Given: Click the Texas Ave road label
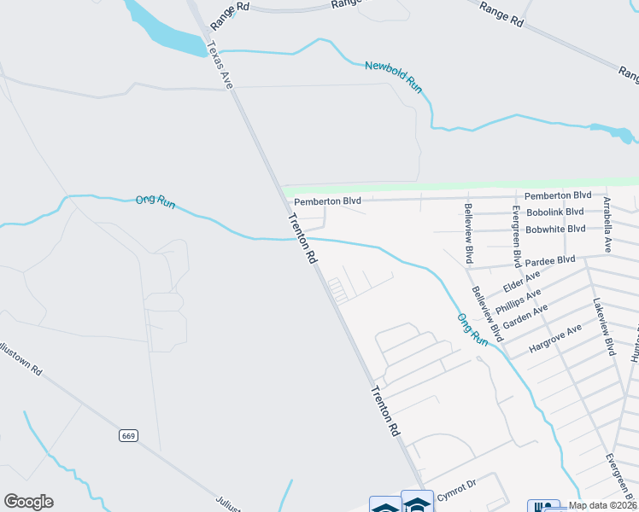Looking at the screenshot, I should tap(220, 65).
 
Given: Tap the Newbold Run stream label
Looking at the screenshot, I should tap(394, 77).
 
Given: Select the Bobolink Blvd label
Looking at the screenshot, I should tap(555, 212).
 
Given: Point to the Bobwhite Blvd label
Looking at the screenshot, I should tap(555, 229).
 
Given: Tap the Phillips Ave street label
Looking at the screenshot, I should tap(519, 303).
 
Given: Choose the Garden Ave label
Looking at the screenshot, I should tap(525, 318).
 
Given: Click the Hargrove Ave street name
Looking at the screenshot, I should tap(554, 339).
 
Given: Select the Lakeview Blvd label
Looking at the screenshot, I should tap(604, 327).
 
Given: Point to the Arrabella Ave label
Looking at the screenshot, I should tap(607, 224).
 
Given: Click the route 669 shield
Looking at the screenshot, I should tap(128, 435).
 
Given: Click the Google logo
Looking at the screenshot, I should tap(28, 502).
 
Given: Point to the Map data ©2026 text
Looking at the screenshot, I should tap(601, 505).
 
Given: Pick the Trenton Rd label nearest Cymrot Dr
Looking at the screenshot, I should tap(386, 410).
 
